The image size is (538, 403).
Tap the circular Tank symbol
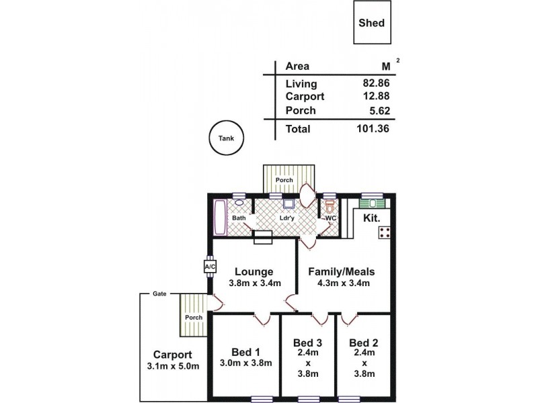point(226,138)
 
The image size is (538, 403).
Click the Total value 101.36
point(373,128)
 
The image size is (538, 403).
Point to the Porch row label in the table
point(300,110)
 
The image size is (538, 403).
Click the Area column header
point(297,66)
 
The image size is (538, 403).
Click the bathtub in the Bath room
point(220,218)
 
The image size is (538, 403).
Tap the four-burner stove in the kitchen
point(386,233)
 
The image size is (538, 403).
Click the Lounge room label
point(254,272)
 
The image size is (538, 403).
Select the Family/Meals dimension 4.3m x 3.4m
point(341,283)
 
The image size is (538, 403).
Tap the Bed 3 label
point(307,343)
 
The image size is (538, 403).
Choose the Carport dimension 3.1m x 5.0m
point(172,366)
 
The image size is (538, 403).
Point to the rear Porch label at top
point(284,180)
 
